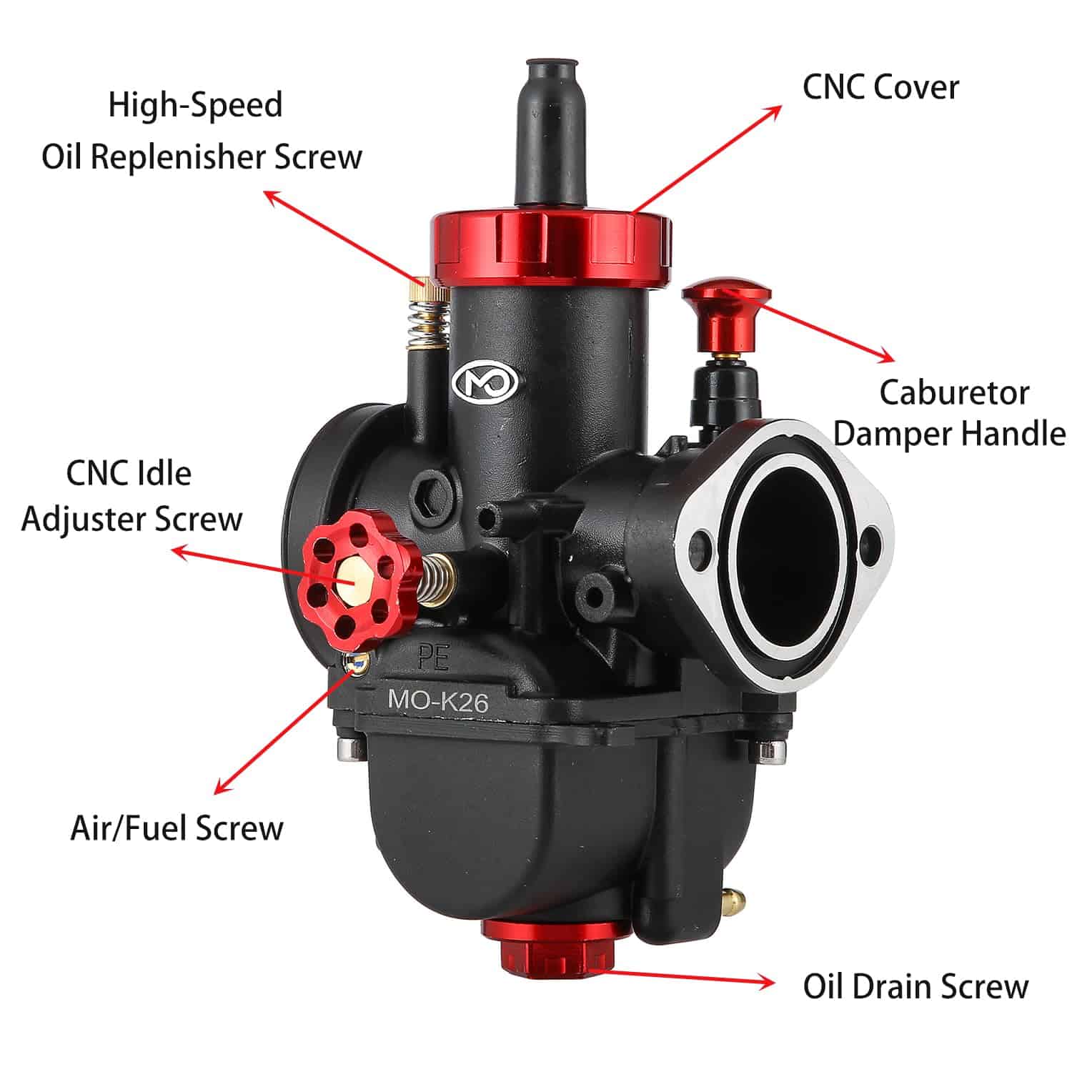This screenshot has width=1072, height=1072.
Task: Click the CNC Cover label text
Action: pos(880,87)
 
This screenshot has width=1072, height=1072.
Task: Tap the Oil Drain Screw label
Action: pos(915,987)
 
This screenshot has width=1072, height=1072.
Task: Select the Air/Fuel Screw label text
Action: pos(177,828)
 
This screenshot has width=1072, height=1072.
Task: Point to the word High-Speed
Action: pos(195,104)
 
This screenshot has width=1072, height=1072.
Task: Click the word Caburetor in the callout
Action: pos(954,392)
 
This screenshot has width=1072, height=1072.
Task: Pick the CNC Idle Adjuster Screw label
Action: pos(131,496)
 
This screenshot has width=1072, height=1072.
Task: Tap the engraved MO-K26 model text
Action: pos(437,700)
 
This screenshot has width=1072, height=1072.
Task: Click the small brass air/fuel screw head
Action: pos(357,664)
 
